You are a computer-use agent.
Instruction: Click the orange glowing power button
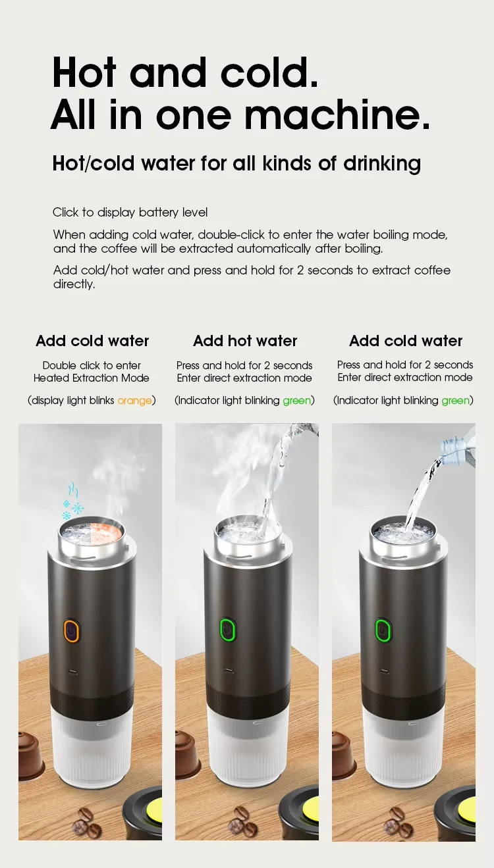(71, 630)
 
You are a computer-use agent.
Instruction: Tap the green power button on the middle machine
(228, 630)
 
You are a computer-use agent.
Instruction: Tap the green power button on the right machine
(382, 629)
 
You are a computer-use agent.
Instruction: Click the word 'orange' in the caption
(134, 400)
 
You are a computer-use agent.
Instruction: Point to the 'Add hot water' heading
(245, 341)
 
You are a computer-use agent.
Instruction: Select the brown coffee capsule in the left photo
(30, 755)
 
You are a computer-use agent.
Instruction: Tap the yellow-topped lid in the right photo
(461, 809)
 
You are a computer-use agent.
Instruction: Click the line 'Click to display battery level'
(130, 213)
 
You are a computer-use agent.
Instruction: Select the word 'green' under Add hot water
(296, 400)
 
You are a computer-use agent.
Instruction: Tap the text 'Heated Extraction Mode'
(92, 378)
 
